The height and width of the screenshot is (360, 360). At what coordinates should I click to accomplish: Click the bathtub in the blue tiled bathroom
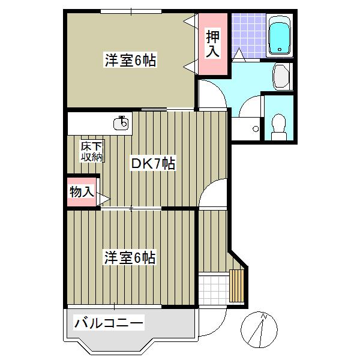click(279, 35)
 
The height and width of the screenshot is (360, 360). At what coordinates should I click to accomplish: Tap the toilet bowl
click(278, 124)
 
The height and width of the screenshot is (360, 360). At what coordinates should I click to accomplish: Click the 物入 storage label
click(82, 192)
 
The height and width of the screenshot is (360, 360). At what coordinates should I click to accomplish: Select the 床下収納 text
click(92, 152)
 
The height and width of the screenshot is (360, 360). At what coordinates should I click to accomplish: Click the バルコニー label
click(109, 324)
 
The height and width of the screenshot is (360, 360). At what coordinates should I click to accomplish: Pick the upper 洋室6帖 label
click(130, 60)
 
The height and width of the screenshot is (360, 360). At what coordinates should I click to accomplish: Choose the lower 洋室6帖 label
click(130, 258)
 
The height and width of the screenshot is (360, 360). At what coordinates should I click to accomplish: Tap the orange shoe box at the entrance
click(238, 286)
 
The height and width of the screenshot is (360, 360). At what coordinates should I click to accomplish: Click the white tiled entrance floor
click(213, 287)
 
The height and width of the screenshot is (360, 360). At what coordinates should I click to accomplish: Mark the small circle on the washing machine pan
click(256, 128)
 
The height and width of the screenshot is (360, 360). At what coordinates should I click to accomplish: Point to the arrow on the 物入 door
click(104, 198)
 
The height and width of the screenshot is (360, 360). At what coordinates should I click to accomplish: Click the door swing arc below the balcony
click(211, 324)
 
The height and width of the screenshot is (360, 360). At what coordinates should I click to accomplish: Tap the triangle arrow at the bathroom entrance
click(239, 55)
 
